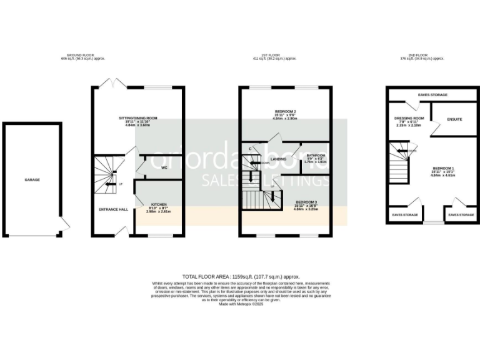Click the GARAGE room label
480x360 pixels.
pyautogui.click(x=32, y=179)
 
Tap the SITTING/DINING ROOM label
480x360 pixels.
pyautogui.click(x=138, y=117)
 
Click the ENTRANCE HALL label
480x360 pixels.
pyautogui.click(x=114, y=209)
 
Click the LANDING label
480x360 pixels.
pyautogui.click(x=279, y=159)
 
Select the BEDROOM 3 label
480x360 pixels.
pyautogui.click(x=306, y=202)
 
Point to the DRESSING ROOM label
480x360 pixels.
pyautogui.click(x=409, y=118)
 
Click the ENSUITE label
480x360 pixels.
pyautogui.click(x=454, y=119)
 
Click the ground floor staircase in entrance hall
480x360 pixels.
pyautogui.click(x=107, y=175)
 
